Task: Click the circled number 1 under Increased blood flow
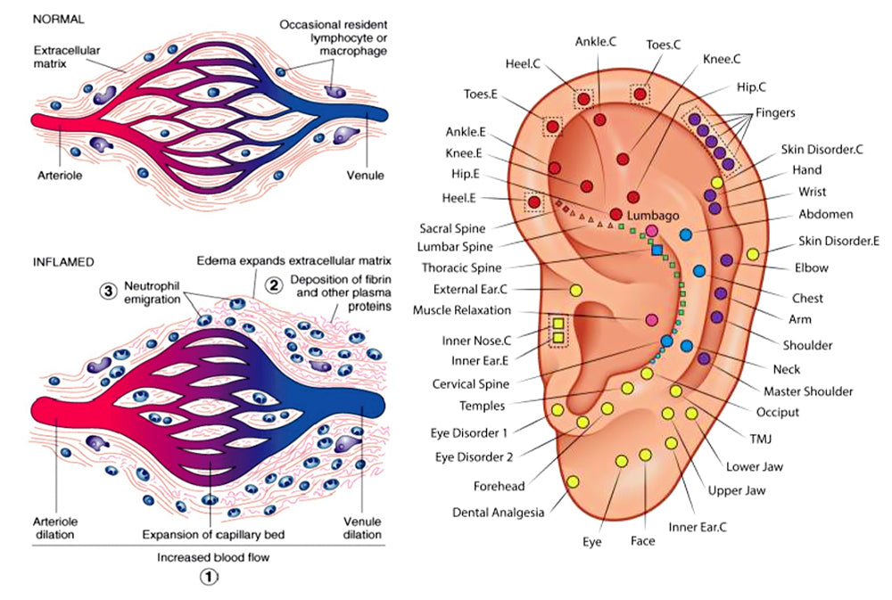pyautogui.click(x=208, y=577)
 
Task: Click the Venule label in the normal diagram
pyautogui.click(x=366, y=176)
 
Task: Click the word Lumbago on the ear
pyautogui.click(x=654, y=216)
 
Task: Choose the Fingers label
pyautogui.click(x=775, y=113)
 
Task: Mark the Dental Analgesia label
pyautogui.click(x=498, y=513)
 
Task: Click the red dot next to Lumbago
pyautogui.click(x=616, y=214)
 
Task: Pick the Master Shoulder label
pyautogui.click(x=808, y=390)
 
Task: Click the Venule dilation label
pyautogui.click(x=363, y=528)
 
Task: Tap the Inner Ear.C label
pyautogui.click(x=698, y=527)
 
